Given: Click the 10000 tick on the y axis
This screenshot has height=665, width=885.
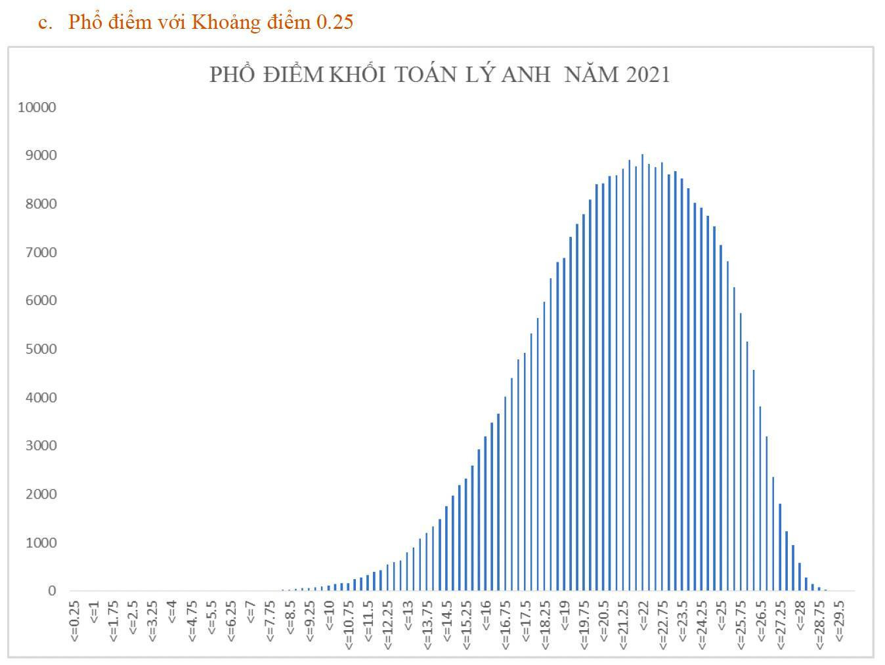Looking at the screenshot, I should tap(37, 107).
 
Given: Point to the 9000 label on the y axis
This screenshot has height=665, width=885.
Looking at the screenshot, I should tap(39, 155).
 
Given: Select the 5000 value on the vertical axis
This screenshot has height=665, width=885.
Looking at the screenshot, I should tap(39, 349).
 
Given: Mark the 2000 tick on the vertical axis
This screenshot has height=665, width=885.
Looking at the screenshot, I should tap(39, 494).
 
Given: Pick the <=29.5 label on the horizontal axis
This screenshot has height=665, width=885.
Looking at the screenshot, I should tap(839, 620).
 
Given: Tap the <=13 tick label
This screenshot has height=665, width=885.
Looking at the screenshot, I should tap(408, 615).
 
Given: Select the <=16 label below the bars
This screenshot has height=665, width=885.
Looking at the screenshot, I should tap(486, 615).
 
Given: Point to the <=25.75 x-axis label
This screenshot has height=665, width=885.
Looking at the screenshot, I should tap(741, 623).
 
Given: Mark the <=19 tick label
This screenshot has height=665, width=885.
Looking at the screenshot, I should tap(565, 615).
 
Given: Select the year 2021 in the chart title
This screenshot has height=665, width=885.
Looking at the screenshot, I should tap(648, 75).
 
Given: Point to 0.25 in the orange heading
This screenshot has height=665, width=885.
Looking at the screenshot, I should tap(335, 22).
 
